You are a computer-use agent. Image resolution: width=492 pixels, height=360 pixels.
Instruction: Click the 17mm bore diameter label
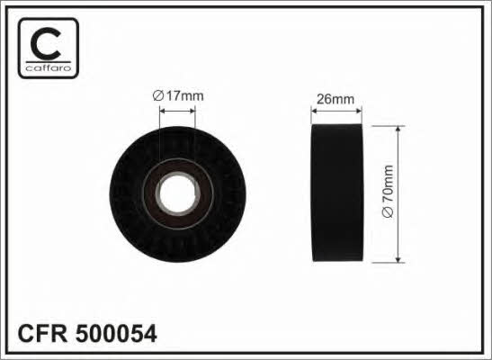(178, 96)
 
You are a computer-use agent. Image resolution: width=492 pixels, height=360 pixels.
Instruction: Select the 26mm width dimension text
(335, 99)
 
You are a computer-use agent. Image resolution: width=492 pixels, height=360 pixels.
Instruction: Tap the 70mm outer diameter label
(388, 192)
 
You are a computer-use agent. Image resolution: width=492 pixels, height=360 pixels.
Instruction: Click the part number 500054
(116, 334)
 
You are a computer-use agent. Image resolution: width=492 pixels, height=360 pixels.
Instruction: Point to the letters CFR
(42, 334)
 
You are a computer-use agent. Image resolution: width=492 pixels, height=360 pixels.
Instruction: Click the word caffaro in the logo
(49, 67)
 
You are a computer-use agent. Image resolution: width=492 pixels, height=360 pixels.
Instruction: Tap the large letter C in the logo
(46, 43)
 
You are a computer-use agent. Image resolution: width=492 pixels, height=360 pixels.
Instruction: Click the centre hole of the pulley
(177, 193)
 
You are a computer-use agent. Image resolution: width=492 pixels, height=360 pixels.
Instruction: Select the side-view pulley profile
(336, 193)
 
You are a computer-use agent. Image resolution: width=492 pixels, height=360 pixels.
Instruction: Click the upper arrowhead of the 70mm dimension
(398, 130)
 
